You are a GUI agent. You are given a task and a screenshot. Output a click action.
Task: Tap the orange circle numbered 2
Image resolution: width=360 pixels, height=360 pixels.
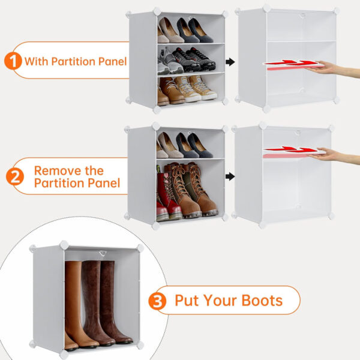(14, 176)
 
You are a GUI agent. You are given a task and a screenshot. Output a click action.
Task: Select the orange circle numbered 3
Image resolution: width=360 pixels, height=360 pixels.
(158, 301)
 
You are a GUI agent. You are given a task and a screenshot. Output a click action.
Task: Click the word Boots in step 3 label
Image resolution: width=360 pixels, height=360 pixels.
(263, 300)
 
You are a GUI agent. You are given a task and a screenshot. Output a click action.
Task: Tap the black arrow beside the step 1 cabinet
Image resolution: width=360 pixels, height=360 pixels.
(230, 61)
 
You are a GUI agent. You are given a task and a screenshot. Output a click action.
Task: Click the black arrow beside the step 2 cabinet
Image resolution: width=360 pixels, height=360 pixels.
(230, 176)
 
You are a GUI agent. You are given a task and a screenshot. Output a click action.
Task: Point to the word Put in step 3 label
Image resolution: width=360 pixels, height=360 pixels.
(186, 300)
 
